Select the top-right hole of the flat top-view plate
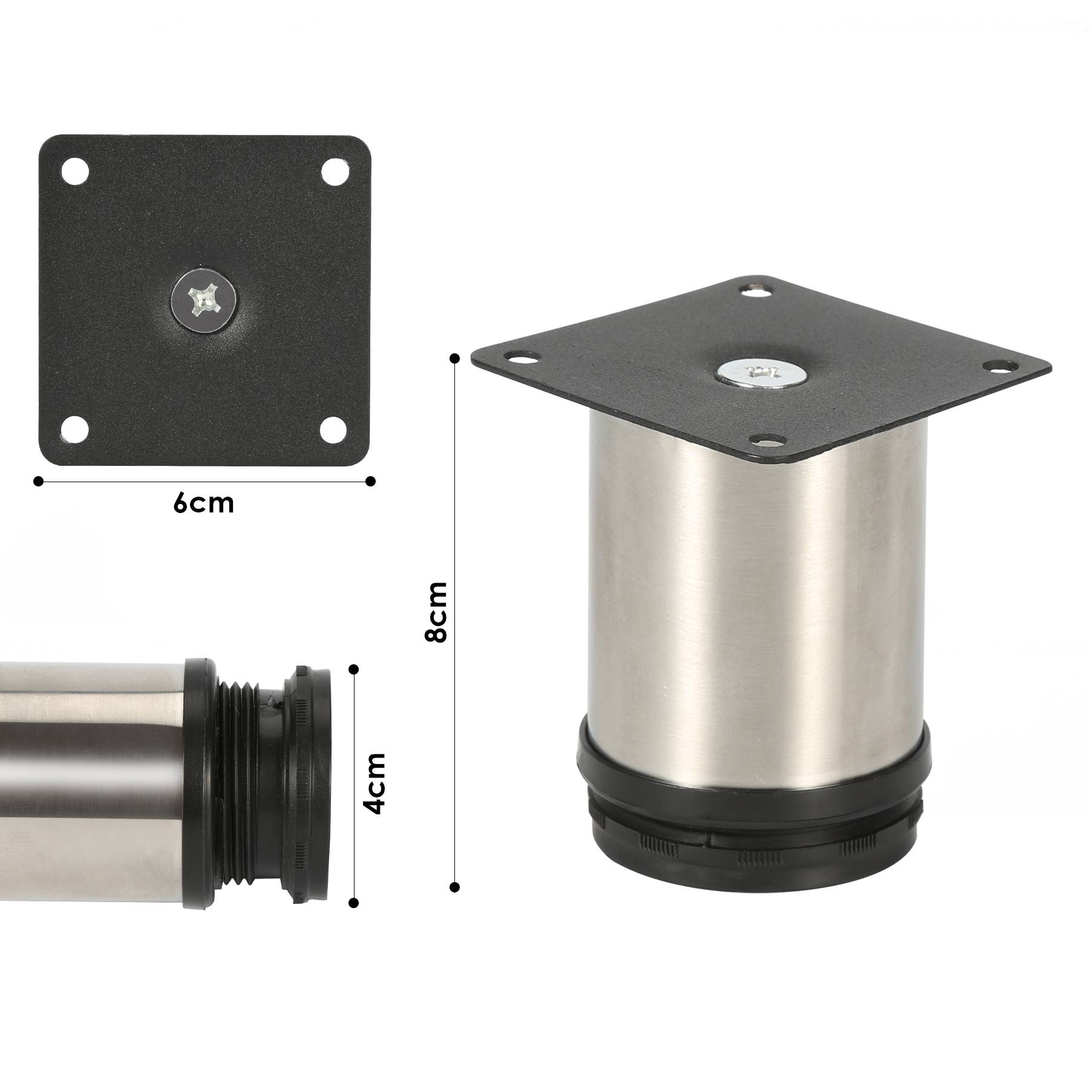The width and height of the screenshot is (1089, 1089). [333, 171]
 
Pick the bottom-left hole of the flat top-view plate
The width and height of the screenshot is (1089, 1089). [76, 429]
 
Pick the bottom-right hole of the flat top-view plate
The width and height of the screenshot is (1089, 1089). [333, 429]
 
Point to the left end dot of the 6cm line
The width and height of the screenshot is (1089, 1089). [39, 481]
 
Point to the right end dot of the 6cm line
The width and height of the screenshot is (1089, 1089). [371, 481]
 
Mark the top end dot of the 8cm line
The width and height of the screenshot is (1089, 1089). [455, 359]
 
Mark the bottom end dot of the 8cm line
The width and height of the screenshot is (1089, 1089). [455, 888]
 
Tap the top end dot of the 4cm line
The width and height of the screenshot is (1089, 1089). [354, 669]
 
